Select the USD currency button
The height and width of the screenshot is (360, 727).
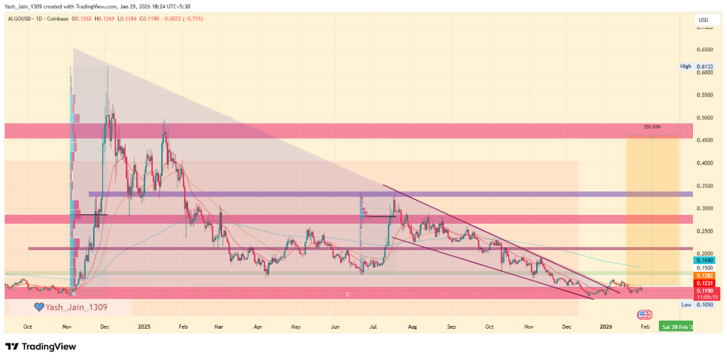click(x=704, y=20)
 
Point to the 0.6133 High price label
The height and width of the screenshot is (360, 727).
click(x=705, y=66)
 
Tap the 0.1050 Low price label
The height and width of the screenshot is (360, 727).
click(x=705, y=305)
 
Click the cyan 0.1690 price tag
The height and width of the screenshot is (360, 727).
click(x=705, y=261)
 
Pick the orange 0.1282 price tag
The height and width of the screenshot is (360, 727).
click(x=705, y=275)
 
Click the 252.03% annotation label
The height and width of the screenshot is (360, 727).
click(x=652, y=127)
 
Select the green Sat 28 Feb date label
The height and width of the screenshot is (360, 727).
click(x=676, y=326)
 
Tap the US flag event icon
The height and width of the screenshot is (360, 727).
click(x=645, y=315)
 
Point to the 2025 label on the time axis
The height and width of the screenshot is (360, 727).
click(x=144, y=326)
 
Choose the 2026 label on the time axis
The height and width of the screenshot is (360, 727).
click(x=606, y=326)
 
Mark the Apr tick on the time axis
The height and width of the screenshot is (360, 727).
click(x=257, y=326)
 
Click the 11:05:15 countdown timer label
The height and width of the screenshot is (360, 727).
click(x=705, y=297)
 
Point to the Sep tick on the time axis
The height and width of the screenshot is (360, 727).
click(x=450, y=326)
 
